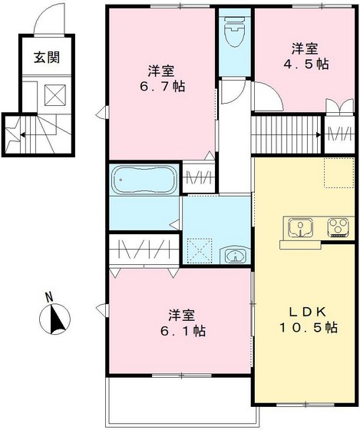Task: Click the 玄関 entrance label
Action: [x=47, y=56]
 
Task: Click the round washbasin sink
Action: [x=234, y=256]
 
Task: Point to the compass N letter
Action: [x=48, y=297]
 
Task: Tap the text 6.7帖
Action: [x=161, y=86]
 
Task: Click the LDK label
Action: [x=309, y=311]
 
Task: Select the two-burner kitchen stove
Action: [x=338, y=227]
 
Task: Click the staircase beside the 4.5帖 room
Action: [x=287, y=125]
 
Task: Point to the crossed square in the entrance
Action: [x=56, y=94]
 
